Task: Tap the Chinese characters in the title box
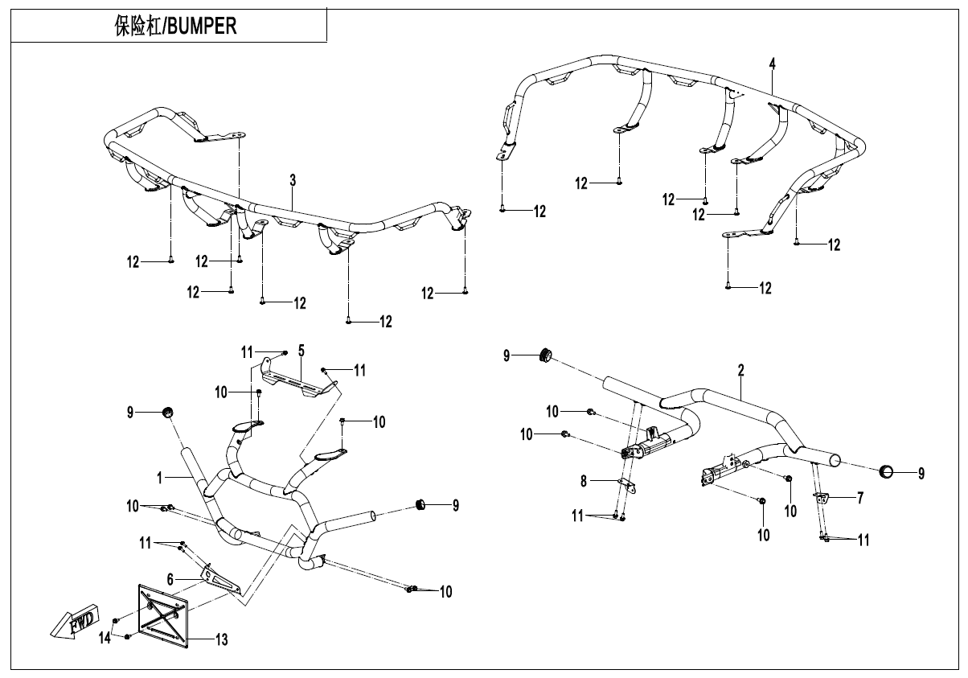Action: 138,26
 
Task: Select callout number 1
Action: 161,477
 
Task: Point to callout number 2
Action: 740,371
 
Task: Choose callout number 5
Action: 301,351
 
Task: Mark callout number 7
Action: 859,498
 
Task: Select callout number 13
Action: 221,640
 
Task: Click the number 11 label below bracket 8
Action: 578,516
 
